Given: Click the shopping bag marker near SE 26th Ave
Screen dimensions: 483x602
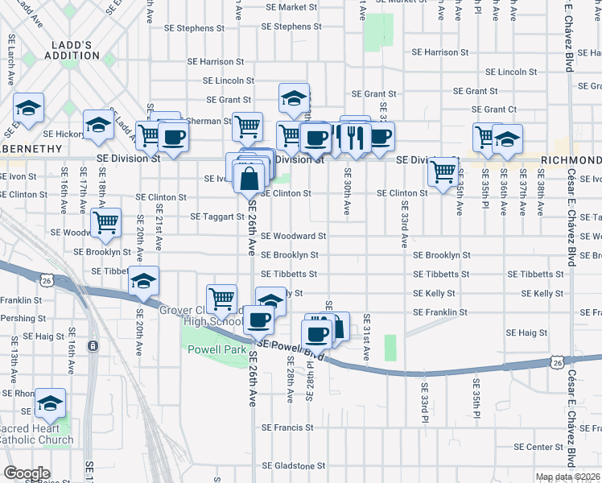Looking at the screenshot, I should [249, 177].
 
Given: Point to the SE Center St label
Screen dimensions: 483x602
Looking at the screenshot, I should [537, 447].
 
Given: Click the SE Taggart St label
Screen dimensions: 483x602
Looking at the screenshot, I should [216, 217].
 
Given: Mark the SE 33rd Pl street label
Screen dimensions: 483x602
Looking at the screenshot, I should [424, 394].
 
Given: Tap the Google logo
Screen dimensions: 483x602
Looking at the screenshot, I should [27, 473].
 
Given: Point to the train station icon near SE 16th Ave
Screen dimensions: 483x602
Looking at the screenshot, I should [93, 346].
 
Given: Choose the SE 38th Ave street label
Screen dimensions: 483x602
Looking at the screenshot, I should [541, 191].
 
